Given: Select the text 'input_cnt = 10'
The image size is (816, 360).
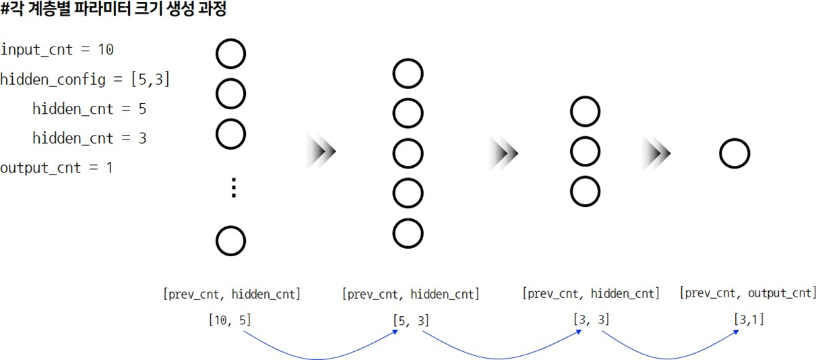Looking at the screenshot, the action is coord(57,50).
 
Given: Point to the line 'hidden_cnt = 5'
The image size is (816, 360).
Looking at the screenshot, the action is coord(89,109).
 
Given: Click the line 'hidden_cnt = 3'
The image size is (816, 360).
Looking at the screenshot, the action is coord(89,138).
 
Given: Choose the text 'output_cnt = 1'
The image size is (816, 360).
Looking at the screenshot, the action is coord(56,168).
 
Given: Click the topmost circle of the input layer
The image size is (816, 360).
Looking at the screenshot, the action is coord(230,54).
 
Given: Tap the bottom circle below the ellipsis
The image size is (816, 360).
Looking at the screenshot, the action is coord(230,241).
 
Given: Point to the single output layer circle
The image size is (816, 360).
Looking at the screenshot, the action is coord(734,154).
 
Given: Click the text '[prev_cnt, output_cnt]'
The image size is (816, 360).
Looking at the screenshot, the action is coord(747,293).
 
